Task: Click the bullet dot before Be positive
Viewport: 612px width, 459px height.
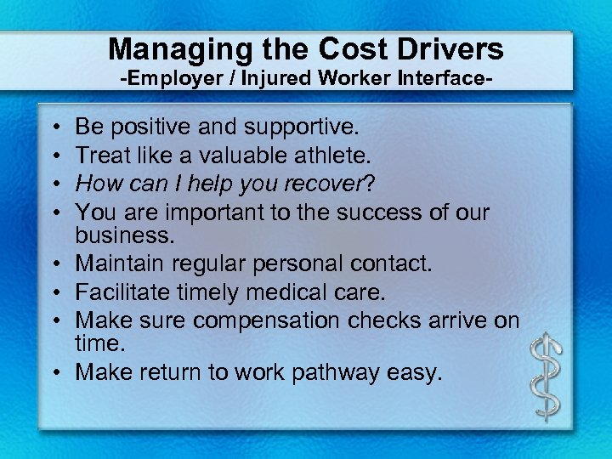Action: click(54, 128)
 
